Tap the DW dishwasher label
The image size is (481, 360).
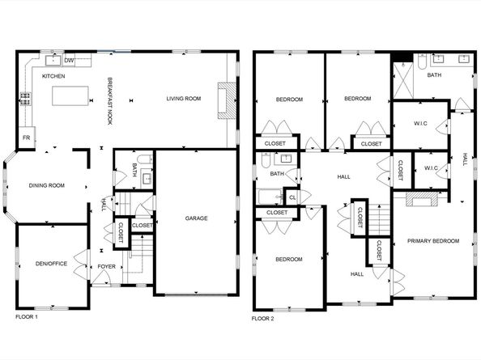point(69,60)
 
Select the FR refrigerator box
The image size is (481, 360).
point(26,138)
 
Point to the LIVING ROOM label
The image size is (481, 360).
point(184,100)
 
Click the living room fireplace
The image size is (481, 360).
point(226,100)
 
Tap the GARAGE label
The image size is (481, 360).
point(196,218)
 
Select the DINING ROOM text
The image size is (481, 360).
point(46,186)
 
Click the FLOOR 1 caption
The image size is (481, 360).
point(28,316)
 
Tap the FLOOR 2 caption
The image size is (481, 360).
point(263,319)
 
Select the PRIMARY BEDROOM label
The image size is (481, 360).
point(432,241)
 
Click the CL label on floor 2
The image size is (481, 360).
point(292,196)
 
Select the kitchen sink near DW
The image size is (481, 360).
point(54,59)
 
